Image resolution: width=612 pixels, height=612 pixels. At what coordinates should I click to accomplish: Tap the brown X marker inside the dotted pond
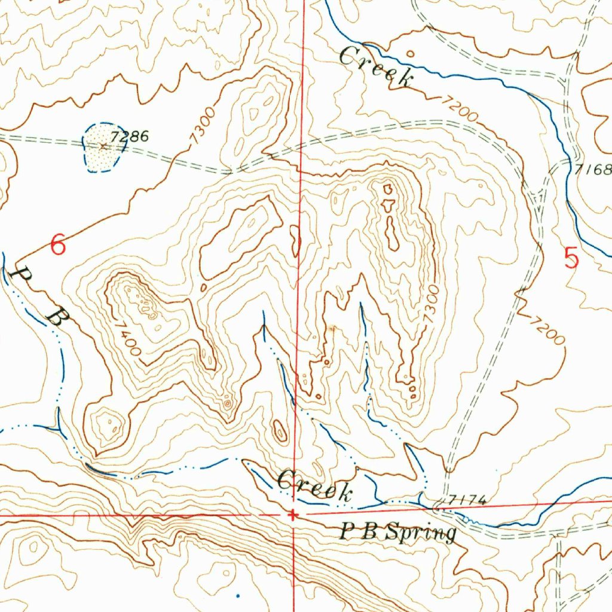(103, 145)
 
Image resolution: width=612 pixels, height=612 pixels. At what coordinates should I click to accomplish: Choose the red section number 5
(571, 258)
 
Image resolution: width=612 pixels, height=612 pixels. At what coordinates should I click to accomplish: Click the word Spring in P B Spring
(421, 532)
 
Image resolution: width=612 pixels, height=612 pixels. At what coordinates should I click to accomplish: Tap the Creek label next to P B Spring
(315, 485)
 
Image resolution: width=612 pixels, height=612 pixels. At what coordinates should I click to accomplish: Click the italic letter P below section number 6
(23, 277)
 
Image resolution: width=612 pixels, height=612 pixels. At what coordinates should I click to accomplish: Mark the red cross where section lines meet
(293, 515)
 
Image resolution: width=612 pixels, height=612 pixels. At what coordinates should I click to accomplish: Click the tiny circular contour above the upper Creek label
(409, 53)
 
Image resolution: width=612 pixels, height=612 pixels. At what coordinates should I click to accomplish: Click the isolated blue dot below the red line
(237, 595)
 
